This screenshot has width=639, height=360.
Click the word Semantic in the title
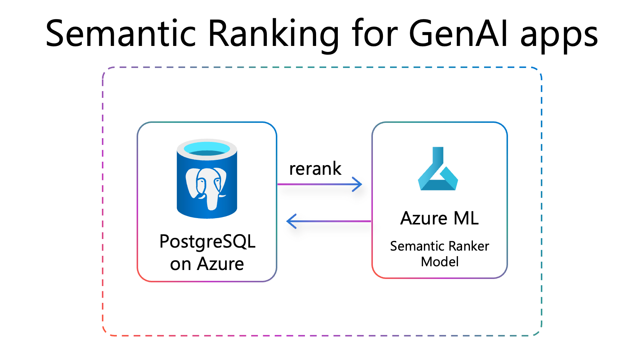pyautogui.click(x=121, y=34)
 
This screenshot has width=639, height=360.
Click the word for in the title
pyautogui.click(x=375, y=34)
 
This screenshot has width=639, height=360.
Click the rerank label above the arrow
pyautogui.click(x=315, y=169)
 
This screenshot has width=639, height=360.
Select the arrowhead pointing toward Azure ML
pyautogui.click(x=358, y=184)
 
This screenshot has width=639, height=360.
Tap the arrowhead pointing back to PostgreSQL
pyautogui.click(x=292, y=221)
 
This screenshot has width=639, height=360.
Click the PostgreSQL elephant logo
pyautogui.click(x=206, y=186)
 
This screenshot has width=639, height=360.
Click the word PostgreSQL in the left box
pyautogui.click(x=207, y=242)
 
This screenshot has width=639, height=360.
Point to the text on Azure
pyautogui.click(x=207, y=264)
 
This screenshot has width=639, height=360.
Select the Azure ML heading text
pyautogui.click(x=439, y=218)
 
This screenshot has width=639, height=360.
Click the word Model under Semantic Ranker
pyautogui.click(x=440, y=262)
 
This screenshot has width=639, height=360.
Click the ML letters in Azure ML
pyautogui.click(x=466, y=218)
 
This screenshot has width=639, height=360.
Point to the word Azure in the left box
pyautogui.click(x=220, y=264)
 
